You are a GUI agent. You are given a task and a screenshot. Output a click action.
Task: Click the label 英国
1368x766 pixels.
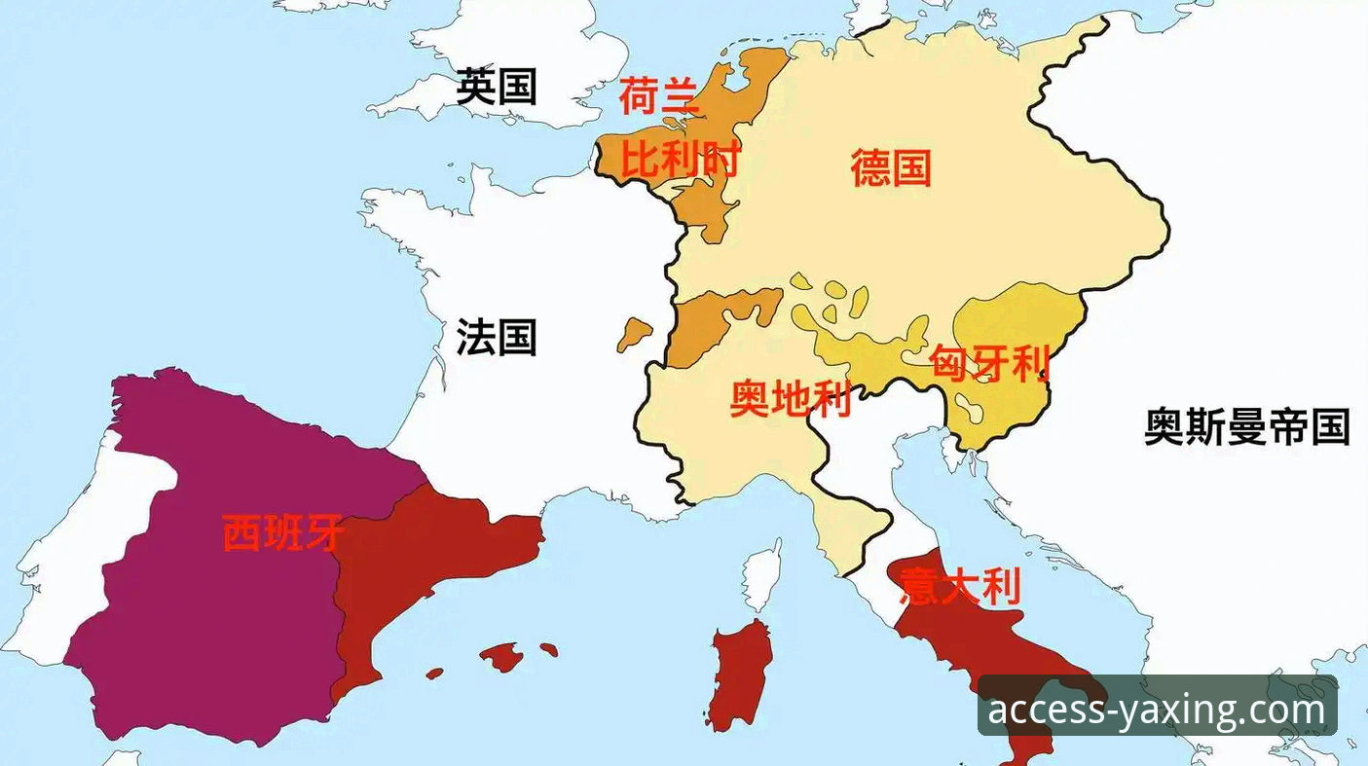[x=497, y=88]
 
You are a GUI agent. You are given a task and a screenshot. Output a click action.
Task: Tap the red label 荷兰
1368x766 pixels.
[x=659, y=97]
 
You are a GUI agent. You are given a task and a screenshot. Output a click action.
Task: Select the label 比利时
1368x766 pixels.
[x=681, y=161]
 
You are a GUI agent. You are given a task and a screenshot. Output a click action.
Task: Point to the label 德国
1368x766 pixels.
[x=890, y=167]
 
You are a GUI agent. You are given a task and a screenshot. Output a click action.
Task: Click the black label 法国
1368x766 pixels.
[x=497, y=338]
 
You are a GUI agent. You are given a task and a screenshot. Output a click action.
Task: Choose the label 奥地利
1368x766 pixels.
[x=791, y=399]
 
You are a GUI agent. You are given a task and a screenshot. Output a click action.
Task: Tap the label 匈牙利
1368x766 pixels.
[x=990, y=363]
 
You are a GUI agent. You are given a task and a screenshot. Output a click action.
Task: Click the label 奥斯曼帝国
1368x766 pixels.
[x=1246, y=426]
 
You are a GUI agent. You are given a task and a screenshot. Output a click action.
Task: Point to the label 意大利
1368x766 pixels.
[x=959, y=587]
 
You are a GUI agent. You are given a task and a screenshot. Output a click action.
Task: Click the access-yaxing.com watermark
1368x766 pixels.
[x=1157, y=710]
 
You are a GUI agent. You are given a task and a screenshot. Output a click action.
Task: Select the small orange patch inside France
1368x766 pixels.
[x=635, y=333]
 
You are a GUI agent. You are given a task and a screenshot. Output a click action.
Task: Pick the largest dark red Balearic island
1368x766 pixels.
[x=502, y=658]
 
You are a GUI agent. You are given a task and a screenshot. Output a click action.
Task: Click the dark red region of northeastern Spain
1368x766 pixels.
[x=419, y=565]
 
